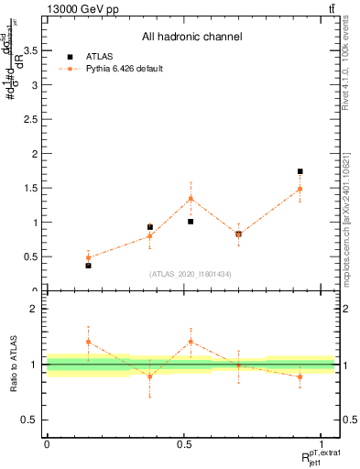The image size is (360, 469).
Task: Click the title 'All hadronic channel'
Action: point(191,37)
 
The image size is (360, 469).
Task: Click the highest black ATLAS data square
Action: point(300,171)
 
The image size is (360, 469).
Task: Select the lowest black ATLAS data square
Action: point(88,266)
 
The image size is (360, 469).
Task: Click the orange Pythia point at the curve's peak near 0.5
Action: point(191,198)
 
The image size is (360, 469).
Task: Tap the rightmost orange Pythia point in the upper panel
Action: point(300,189)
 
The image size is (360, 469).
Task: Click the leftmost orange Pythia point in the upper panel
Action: point(88,258)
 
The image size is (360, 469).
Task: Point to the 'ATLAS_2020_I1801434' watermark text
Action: point(191,274)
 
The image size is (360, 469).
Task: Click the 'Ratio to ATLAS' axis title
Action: point(12,365)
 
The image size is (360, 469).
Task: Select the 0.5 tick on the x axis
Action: point(184,444)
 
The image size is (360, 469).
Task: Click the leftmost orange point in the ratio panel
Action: point(88,342)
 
